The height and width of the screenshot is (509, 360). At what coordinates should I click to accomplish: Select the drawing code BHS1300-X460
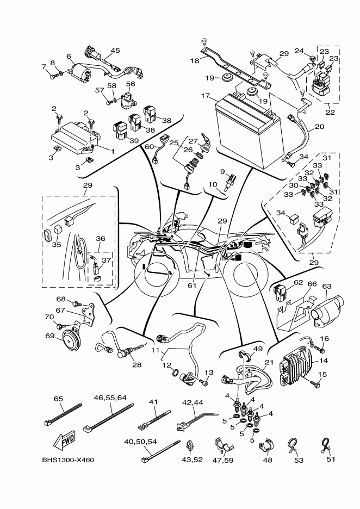click(68, 460)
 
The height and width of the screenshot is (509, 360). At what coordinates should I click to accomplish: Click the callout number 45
click(115, 51)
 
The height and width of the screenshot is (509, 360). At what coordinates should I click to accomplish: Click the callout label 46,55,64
click(110, 398)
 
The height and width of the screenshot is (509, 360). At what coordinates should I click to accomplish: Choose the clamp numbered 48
click(266, 445)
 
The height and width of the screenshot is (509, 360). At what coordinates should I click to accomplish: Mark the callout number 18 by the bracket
click(195, 61)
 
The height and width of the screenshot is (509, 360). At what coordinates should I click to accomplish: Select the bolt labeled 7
click(52, 77)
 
